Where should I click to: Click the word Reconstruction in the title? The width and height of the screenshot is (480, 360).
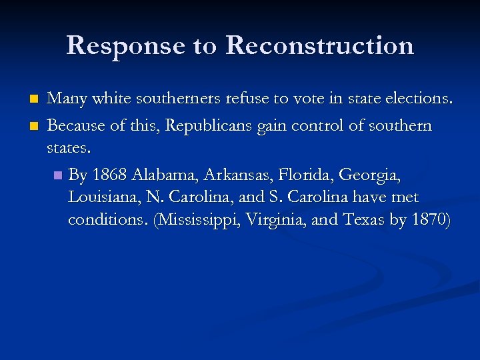[x=319, y=46]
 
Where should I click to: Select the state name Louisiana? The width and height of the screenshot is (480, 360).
[x=102, y=198]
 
